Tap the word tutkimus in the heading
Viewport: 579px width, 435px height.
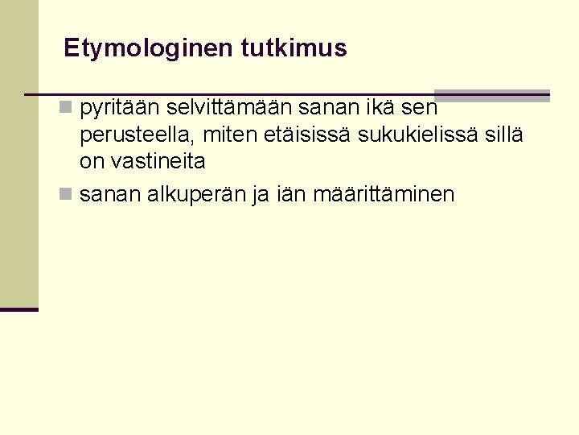(294, 48)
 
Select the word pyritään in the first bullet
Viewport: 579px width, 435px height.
(121, 107)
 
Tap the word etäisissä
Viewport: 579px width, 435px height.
(310, 135)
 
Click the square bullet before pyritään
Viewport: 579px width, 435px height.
(66, 107)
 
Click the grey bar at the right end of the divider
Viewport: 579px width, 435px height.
(492, 95)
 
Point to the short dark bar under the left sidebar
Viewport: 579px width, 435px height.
(19, 309)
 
